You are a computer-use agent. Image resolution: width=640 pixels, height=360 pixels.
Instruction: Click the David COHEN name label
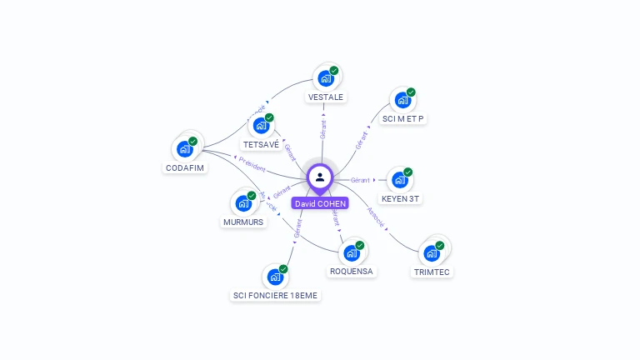tap(320, 203)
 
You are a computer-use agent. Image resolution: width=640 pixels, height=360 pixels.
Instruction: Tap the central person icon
tap(320, 177)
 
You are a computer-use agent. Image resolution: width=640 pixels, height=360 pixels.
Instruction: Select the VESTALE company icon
tap(325, 78)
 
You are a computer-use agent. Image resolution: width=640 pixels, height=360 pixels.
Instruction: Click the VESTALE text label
tap(325, 97)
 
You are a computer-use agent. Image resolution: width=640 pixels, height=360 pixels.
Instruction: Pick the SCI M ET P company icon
tap(402, 100)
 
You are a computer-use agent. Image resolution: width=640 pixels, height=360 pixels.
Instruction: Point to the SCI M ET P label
tap(403, 118)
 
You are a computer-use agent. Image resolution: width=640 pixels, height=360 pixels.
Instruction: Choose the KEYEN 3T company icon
tap(400, 180)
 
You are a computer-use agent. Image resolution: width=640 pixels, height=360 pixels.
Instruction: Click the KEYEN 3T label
tap(400, 198)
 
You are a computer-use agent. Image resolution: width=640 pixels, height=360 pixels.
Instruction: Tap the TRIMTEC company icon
tap(432, 252)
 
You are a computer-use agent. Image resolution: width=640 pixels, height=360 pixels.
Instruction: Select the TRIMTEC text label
tap(432, 272)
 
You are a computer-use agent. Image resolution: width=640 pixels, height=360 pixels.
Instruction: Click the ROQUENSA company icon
tap(352, 252)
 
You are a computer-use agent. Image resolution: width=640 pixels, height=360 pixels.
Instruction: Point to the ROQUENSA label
tap(352, 271)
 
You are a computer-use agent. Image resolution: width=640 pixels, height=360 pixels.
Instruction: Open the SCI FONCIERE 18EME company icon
tap(275, 277)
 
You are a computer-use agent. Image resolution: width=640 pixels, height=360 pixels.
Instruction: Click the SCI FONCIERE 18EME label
tap(275, 295)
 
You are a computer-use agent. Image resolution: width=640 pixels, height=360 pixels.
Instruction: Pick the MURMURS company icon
tap(243, 203)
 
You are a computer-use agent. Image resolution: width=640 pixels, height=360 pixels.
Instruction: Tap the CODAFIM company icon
tap(185, 149)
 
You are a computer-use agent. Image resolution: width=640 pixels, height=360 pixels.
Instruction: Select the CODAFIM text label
tap(185, 167)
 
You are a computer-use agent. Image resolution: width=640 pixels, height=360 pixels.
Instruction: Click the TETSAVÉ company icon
tap(261, 126)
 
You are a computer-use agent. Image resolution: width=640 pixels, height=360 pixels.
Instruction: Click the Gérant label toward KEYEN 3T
tap(360, 180)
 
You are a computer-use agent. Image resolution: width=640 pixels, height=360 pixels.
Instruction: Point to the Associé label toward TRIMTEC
tap(377, 217)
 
